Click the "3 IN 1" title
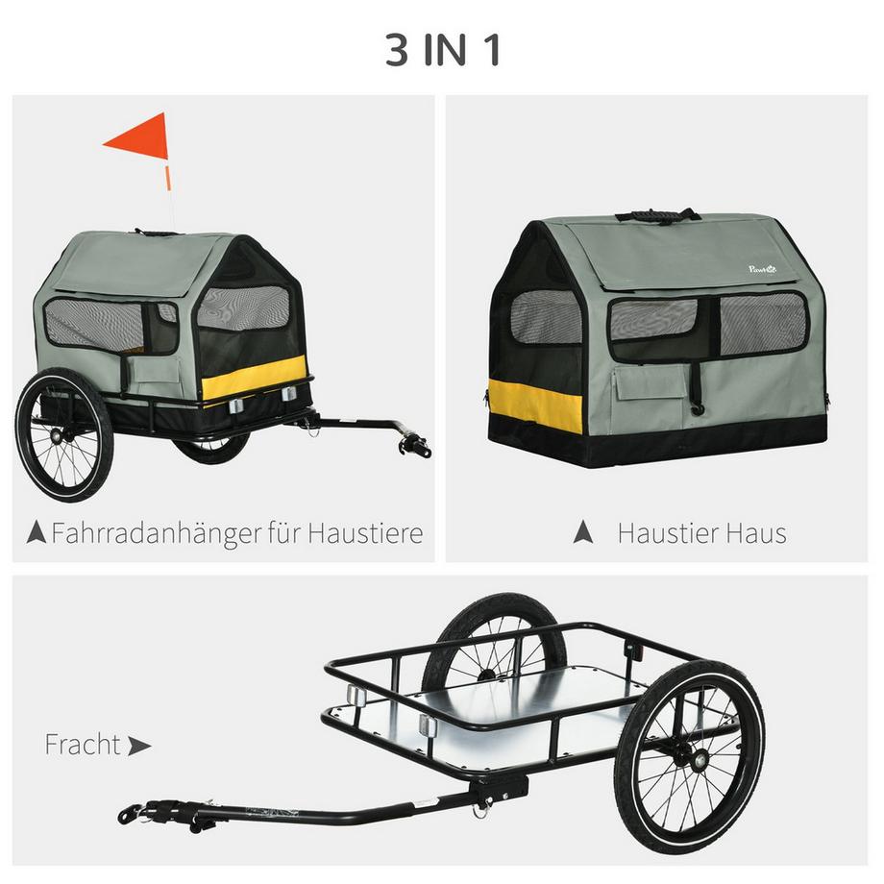(442, 51)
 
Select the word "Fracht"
(83, 745)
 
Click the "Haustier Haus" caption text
(701, 533)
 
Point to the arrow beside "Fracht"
(139, 746)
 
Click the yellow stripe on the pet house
(534, 405)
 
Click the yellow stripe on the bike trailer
(254, 378)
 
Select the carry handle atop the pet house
(658, 214)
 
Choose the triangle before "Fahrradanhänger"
(37, 532)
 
